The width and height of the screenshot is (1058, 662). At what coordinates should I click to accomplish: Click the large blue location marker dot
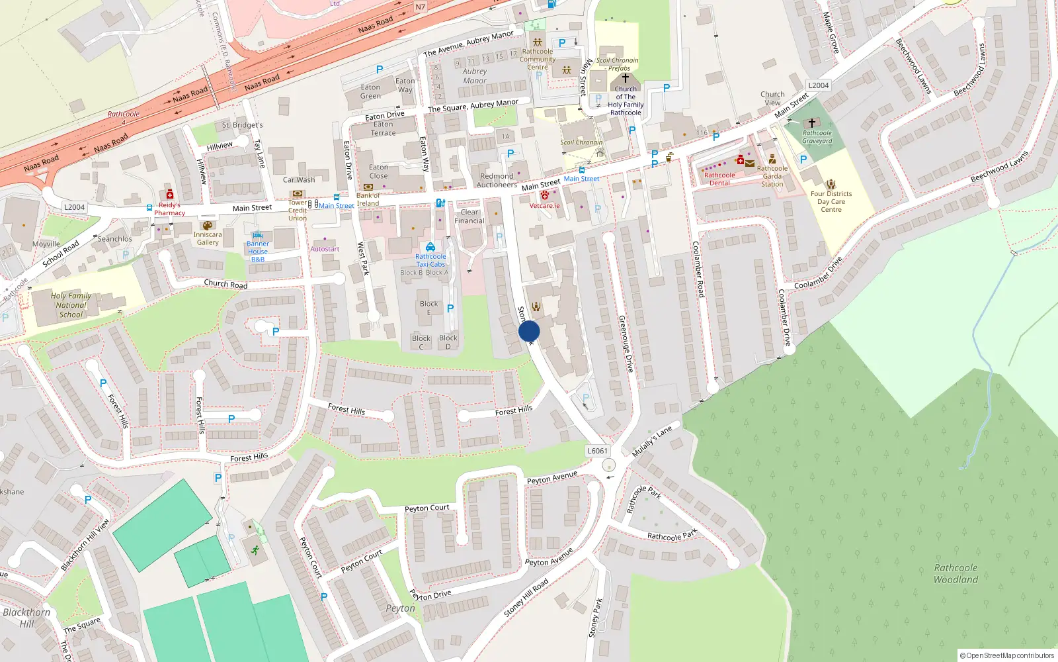click(x=529, y=331)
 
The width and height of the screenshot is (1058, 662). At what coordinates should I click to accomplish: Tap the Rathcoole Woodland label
click(x=956, y=573)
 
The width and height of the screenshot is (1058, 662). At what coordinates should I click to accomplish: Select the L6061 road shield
click(x=597, y=451)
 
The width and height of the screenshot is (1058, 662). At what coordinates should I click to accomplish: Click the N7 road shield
click(x=421, y=7)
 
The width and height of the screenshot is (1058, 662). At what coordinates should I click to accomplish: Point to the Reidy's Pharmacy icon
click(x=170, y=195)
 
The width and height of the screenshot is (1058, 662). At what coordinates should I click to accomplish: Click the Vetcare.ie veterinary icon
click(x=544, y=195)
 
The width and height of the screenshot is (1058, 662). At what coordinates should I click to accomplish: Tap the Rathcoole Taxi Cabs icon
click(x=430, y=247)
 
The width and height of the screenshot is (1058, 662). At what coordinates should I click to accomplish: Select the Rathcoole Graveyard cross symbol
click(x=812, y=123)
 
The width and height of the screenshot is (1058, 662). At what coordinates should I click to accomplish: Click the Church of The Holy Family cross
click(x=625, y=78)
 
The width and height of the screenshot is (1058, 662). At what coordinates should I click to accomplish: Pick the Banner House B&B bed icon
click(x=258, y=235)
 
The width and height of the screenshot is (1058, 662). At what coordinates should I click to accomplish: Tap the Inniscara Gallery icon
click(x=208, y=225)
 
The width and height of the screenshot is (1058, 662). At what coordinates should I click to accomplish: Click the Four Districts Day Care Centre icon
click(x=831, y=184)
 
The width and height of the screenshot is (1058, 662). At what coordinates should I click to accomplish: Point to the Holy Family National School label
click(x=71, y=305)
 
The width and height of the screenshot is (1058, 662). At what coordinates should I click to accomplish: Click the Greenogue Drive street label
click(x=626, y=343)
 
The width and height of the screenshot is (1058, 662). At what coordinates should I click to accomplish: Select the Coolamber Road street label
click(x=698, y=268)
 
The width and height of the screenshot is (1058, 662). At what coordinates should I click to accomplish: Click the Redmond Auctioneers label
click(x=497, y=180)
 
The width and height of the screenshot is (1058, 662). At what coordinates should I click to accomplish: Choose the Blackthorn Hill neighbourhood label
click(x=26, y=618)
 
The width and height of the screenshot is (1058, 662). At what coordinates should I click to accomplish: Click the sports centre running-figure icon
click(x=255, y=550)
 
